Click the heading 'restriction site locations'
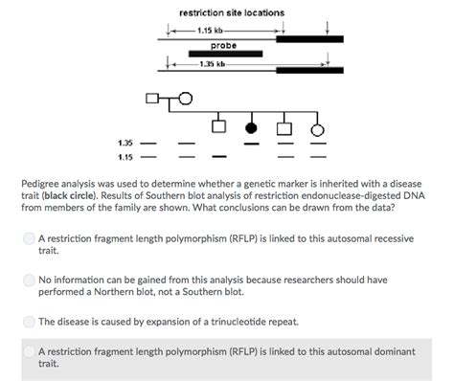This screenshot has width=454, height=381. click(x=231, y=12)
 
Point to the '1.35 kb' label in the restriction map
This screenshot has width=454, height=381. click(x=213, y=64)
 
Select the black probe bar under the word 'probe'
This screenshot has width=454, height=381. click(x=225, y=54)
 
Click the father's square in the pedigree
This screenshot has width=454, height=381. click(x=149, y=97)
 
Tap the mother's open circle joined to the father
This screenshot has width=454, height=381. click(x=185, y=97)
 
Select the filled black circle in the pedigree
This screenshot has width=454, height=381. click(x=252, y=126)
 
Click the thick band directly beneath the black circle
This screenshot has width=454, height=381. click(x=252, y=144)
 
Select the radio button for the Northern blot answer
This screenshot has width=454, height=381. click(x=30, y=280)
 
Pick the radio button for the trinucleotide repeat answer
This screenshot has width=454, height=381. click(x=30, y=322)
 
